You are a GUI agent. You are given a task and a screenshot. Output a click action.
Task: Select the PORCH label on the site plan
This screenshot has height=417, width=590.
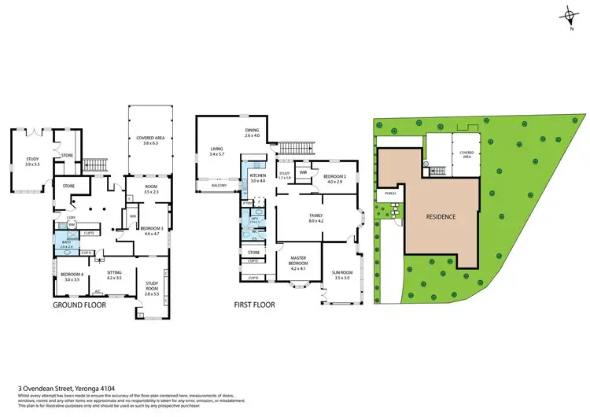(x=389, y=193)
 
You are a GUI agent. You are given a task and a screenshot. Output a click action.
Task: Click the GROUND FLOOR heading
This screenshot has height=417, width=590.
(x=79, y=304)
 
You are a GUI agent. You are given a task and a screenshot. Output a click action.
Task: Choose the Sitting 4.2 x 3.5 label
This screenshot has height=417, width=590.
(x=114, y=276)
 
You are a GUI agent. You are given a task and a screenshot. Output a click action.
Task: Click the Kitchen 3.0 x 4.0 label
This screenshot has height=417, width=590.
(x=259, y=178)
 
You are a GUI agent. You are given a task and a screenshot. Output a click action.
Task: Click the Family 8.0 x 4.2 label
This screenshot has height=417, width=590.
(x=315, y=219)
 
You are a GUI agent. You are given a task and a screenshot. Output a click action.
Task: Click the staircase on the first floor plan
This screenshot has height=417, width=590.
(x=295, y=149)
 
